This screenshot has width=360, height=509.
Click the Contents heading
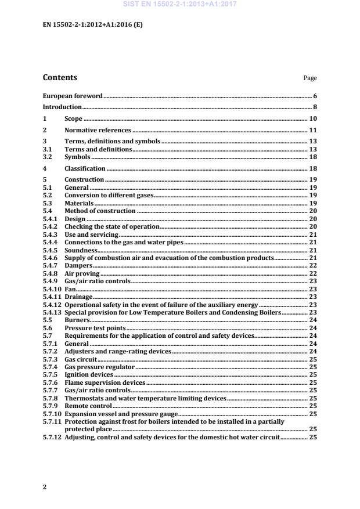(60, 77)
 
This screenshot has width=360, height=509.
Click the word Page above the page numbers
(310, 78)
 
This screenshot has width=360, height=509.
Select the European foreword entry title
(73, 95)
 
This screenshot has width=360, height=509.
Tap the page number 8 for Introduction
(315, 107)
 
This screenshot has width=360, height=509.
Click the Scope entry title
(73, 119)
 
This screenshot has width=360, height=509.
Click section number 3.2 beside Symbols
(48, 157)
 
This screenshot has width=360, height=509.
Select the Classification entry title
(85, 169)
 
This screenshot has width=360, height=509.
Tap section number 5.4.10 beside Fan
(51, 288)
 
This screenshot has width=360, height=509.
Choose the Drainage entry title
(78, 297)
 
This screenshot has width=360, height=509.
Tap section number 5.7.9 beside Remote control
(50, 406)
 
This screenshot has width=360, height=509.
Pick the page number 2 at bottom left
(45, 487)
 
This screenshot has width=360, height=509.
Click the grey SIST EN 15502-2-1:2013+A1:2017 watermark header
(180, 5)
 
